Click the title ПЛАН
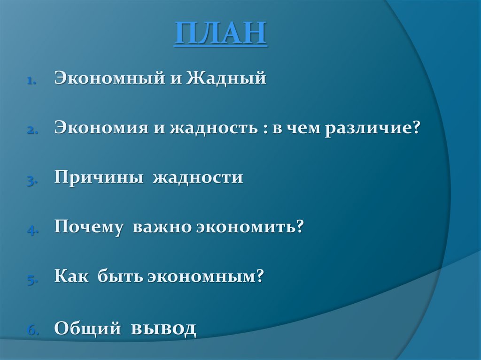(x=221, y=33)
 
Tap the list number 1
(x=31, y=82)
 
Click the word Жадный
(x=226, y=78)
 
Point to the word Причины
(x=99, y=177)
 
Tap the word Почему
(x=89, y=227)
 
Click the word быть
(x=120, y=276)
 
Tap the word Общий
(x=87, y=328)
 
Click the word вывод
(x=163, y=328)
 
